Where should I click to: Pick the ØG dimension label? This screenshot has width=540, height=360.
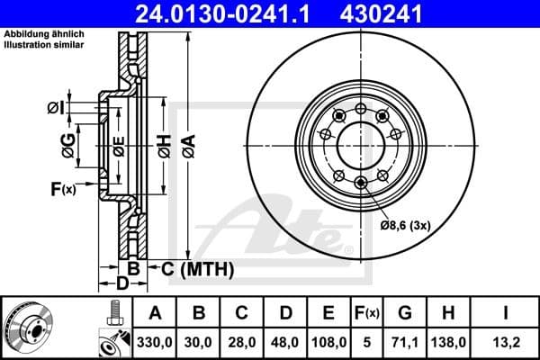(x=67, y=141)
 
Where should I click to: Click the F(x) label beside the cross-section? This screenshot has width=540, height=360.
(x=63, y=189)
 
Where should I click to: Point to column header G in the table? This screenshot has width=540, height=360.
(x=404, y=313)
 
